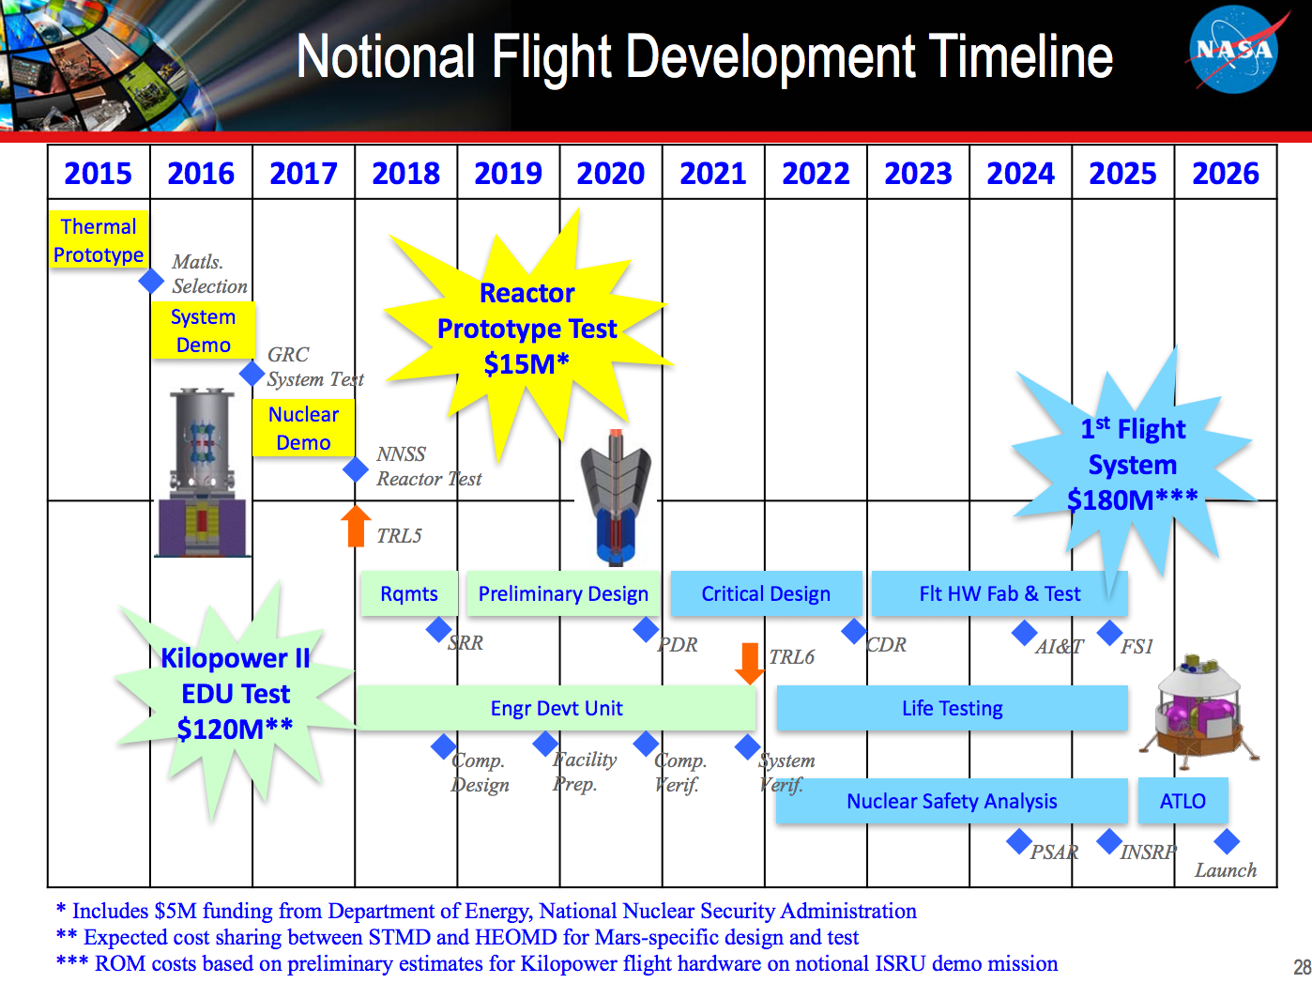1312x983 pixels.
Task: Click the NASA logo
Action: coord(1233,50)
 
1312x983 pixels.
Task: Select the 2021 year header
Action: coord(713,173)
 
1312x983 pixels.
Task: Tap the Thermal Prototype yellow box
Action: coord(99,240)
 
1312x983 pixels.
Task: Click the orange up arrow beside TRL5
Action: coord(355,527)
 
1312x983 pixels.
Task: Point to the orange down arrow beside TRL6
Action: coord(749,663)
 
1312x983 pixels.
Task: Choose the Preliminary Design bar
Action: coord(563,593)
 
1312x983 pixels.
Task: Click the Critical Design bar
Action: coord(766,593)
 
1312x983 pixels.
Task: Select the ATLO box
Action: coord(1182,801)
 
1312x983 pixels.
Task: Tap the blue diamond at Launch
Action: coord(1227,841)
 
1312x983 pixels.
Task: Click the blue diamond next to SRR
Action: coord(438,629)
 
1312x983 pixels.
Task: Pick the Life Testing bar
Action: coord(952,708)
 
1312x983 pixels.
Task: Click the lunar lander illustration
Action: coord(1198,709)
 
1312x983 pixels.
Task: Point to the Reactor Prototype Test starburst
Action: coord(526,329)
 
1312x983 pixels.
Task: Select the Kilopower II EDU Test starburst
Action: coord(235,695)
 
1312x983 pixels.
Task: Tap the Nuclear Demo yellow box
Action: coord(303,428)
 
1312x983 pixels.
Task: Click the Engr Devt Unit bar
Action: coord(556,708)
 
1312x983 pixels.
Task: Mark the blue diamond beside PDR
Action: coord(646,629)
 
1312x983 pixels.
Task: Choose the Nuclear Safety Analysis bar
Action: coord(952,801)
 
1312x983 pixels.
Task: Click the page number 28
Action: coord(1301,967)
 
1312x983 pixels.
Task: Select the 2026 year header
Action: coord(1225,173)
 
